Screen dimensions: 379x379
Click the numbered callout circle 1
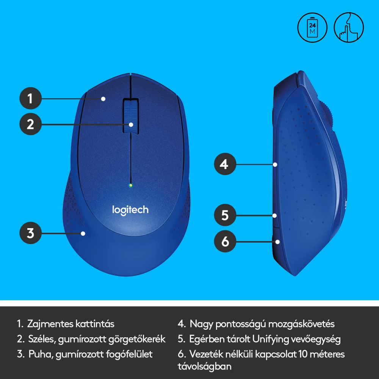coord(30,99)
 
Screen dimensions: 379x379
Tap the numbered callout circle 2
coord(30,124)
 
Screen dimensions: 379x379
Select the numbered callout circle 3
coord(30,233)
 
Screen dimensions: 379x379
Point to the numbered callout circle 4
coord(225,164)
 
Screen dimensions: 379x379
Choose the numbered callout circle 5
coord(225,215)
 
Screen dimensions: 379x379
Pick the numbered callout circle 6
coord(225,241)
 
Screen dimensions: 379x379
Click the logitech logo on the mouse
coord(130,210)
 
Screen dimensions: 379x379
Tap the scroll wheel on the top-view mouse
coord(131,116)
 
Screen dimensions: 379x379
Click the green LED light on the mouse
coord(131,185)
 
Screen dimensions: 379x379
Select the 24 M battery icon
coord(312,28)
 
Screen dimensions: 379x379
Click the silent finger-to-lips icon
coord(349,28)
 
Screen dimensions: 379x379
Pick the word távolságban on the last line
coord(205,366)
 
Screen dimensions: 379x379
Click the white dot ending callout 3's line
coord(83,233)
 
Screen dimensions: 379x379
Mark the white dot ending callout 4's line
coord(275,164)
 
